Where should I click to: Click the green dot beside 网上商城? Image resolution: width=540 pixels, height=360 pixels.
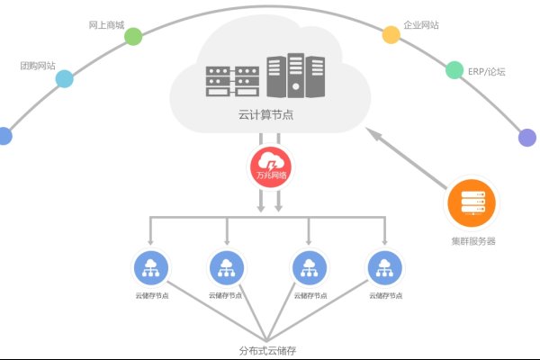click(x=133, y=36)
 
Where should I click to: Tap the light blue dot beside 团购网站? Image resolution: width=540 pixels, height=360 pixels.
click(x=64, y=79)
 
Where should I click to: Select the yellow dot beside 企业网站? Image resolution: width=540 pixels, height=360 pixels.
click(x=391, y=35)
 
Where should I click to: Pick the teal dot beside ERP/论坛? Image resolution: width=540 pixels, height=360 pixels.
click(x=454, y=70)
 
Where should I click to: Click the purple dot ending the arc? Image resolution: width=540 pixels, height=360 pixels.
click(x=527, y=138)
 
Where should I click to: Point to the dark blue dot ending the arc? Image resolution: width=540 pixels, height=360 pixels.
click(x=4, y=136)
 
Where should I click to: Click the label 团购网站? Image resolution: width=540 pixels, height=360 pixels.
click(x=38, y=66)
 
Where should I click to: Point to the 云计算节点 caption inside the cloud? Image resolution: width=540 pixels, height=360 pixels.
click(x=267, y=116)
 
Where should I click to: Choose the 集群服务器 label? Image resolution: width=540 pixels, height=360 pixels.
click(x=473, y=241)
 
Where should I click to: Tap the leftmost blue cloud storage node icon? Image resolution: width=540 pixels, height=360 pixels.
click(x=150, y=267)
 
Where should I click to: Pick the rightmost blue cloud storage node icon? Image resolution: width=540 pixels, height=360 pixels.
click(x=384, y=267)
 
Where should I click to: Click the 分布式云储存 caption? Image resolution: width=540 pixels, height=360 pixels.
click(x=267, y=349)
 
